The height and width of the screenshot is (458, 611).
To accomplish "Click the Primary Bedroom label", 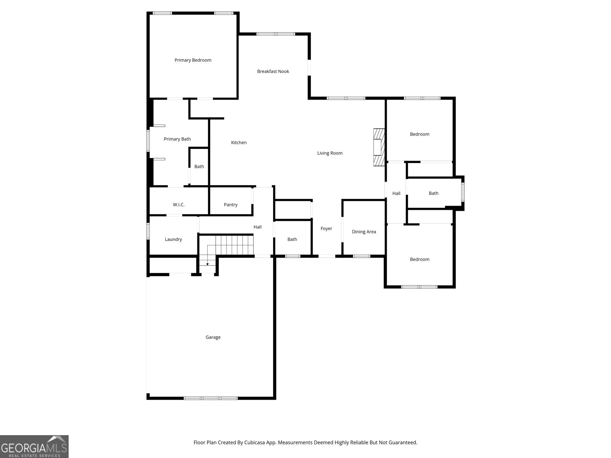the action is (x=193, y=60).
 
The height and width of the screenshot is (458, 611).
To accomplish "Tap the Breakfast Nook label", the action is (x=273, y=71).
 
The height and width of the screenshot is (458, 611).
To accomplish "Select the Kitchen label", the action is (x=239, y=142).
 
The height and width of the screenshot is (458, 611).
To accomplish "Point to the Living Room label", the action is (x=330, y=153).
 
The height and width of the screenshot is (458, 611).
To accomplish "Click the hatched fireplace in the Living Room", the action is (x=379, y=147).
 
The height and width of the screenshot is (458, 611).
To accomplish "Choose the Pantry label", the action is (x=231, y=205).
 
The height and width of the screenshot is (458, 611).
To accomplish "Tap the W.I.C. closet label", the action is (x=179, y=205).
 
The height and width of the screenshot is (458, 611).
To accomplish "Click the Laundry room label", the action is (x=173, y=239).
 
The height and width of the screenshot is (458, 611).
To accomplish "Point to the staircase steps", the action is (x=234, y=245).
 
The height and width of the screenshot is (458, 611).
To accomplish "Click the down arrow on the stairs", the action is (x=207, y=264).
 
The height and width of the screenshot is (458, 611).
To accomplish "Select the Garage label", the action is (x=213, y=337).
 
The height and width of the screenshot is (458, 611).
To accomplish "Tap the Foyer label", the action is (x=326, y=228).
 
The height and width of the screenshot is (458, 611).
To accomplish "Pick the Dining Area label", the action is (x=364, y=232).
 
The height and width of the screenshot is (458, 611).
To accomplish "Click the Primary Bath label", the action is (x=177, y=139).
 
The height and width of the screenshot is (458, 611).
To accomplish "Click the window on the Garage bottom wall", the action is (x=211, y=398).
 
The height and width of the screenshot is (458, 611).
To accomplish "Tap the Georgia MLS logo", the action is (x=34, y=446).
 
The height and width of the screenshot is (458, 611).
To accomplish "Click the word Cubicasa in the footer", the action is (x=254, y=442).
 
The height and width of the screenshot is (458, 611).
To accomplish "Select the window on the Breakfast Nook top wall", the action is (x=276, y=34).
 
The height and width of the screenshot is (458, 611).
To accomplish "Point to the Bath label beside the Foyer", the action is (x=292, y=239).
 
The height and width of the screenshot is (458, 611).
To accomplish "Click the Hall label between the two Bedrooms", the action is (x=396, y=193).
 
